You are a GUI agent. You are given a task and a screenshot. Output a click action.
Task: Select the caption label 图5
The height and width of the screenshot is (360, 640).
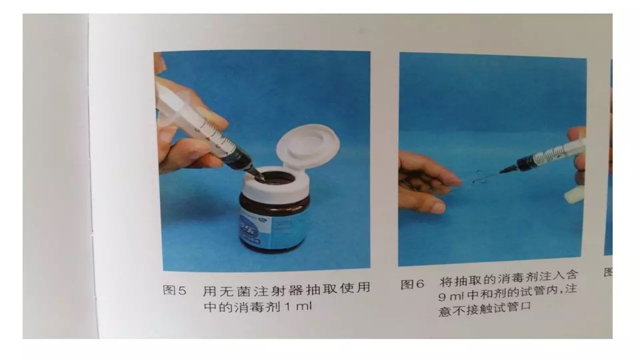point(174,290)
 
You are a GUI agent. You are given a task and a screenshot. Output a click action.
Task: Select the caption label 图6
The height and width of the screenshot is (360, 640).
point(412,284)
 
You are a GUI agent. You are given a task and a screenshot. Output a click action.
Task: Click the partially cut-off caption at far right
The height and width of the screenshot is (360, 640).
point(608,272)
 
